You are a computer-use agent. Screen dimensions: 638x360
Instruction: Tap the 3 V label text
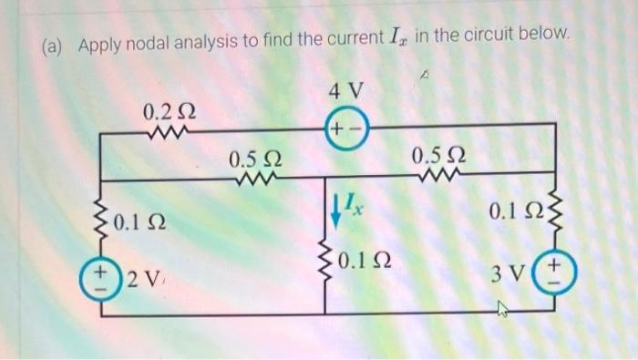coord(508,273)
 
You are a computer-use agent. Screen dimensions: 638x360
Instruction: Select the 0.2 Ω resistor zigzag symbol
coord(168,138)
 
